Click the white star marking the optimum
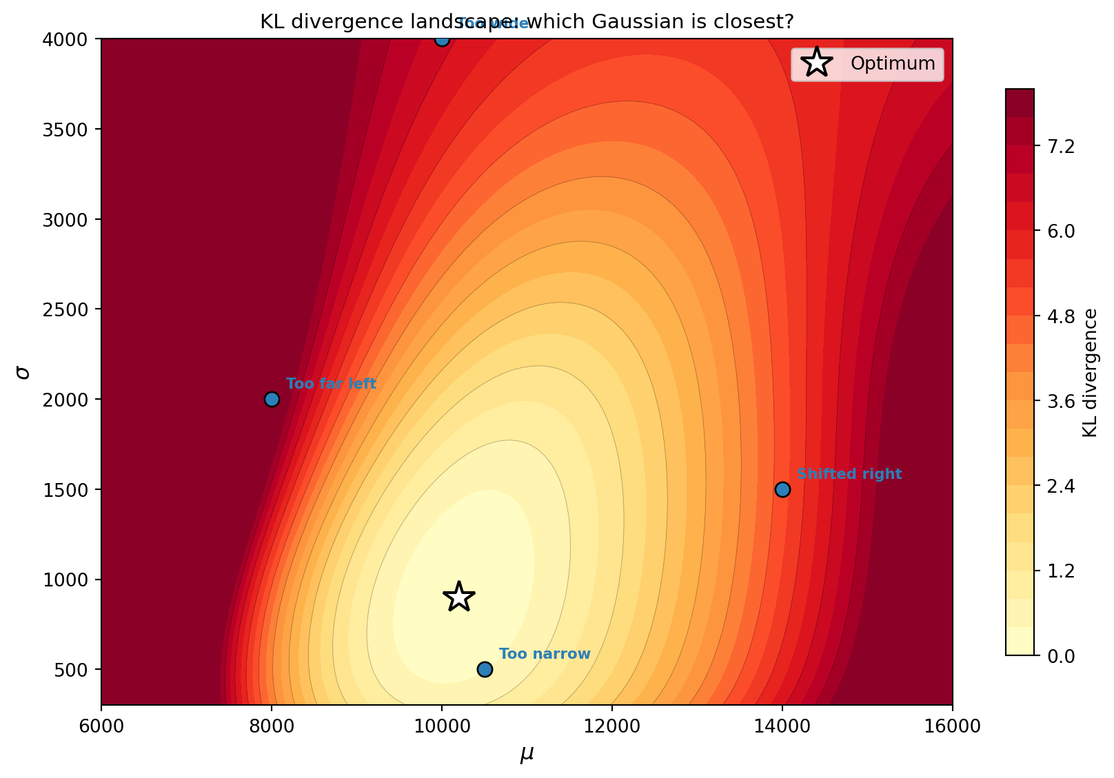click(459, 596)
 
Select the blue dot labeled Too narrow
click(485, 669)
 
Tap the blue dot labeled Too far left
click(272, 399)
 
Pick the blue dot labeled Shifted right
click(782, 489)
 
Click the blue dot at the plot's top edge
click(442, 39)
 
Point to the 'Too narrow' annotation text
click(545, 654)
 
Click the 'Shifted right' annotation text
click(849, 474)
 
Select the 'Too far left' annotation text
click(331, 384)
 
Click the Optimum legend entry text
click(893, 63)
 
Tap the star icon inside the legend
click(817, 63)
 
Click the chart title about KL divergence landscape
click(527, 22)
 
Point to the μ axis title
click(527, 755)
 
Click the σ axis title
click(23, 372)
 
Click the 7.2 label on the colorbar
click(1060, 146)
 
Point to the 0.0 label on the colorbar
click(1060, 655)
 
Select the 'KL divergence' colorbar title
click(1090, 372)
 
